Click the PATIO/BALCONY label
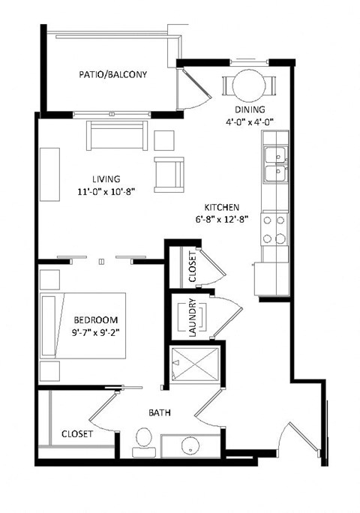112,75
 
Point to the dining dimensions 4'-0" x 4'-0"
249,121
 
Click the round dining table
248,82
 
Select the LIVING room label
106,179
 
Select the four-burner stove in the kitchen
274,229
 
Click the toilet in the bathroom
142,440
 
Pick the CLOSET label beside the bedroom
77,433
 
